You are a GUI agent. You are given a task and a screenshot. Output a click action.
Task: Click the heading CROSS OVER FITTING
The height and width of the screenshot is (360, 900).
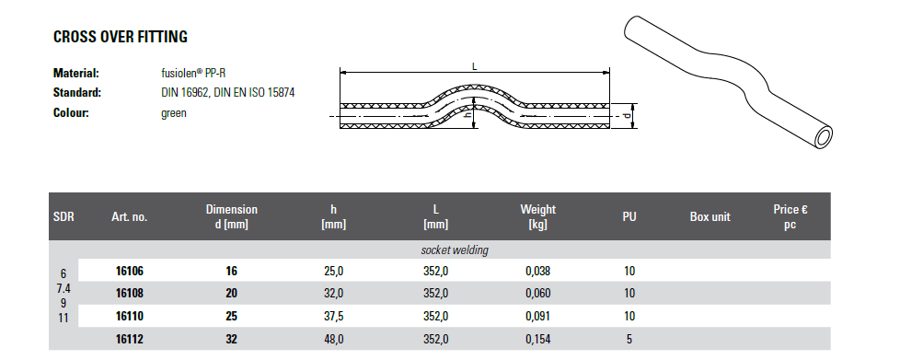point(121,37)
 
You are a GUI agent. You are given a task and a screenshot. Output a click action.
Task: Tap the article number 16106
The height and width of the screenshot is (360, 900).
point(129,271)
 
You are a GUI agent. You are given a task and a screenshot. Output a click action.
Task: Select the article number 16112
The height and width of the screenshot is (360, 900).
point(129,340)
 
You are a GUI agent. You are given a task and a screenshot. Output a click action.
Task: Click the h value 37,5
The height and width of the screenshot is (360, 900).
point(334,317)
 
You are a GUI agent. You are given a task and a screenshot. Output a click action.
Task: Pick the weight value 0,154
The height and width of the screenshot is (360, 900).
point(537,340)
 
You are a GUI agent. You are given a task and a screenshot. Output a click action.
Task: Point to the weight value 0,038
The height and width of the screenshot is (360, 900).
point(537,271)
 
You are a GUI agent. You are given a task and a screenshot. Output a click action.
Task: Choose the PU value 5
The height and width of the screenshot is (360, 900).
point(629,340)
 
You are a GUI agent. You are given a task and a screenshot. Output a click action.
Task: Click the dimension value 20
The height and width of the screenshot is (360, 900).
point(231,294)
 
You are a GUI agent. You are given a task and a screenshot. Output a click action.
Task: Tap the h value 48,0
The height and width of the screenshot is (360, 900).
point(334,340)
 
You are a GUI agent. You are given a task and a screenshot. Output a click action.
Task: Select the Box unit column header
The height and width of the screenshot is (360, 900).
point(710,217)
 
